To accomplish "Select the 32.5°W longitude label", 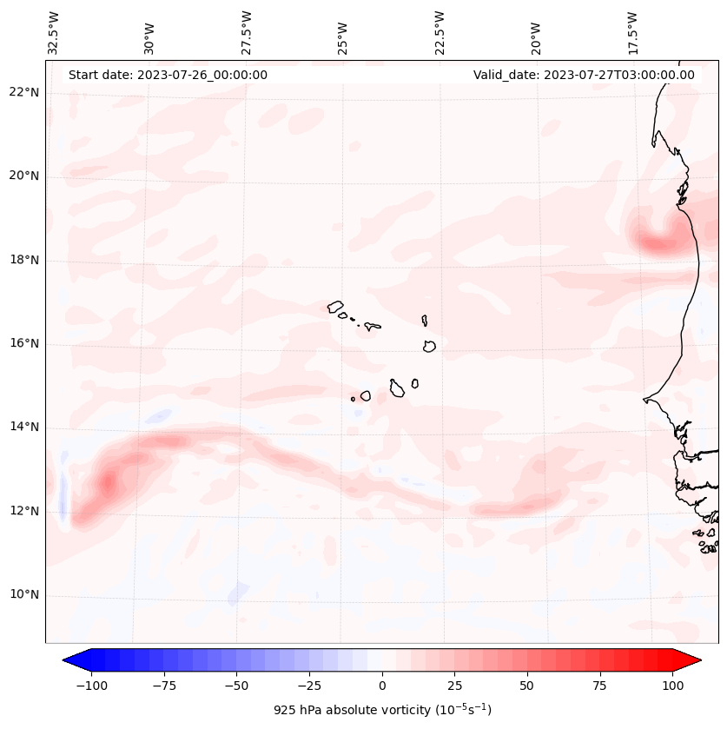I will click(x=54, y=32).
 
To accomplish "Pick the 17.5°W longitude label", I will click(x=632, y=32).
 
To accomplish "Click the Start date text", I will click(x=168, y=75).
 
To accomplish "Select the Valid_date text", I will click(x=584, y=75).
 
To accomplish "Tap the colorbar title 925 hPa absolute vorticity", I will click(x=382, y=710).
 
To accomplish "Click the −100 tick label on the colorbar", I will click(x=91, y=686).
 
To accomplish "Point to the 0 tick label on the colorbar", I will click(x=382, y=686).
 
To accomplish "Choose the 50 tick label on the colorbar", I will click(x=527, y=686).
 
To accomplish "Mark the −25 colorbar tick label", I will click(x=309, y=686).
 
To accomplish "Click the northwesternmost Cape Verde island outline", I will click(x=335, y=307).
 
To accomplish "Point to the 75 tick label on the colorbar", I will click(x=600, y=686).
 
